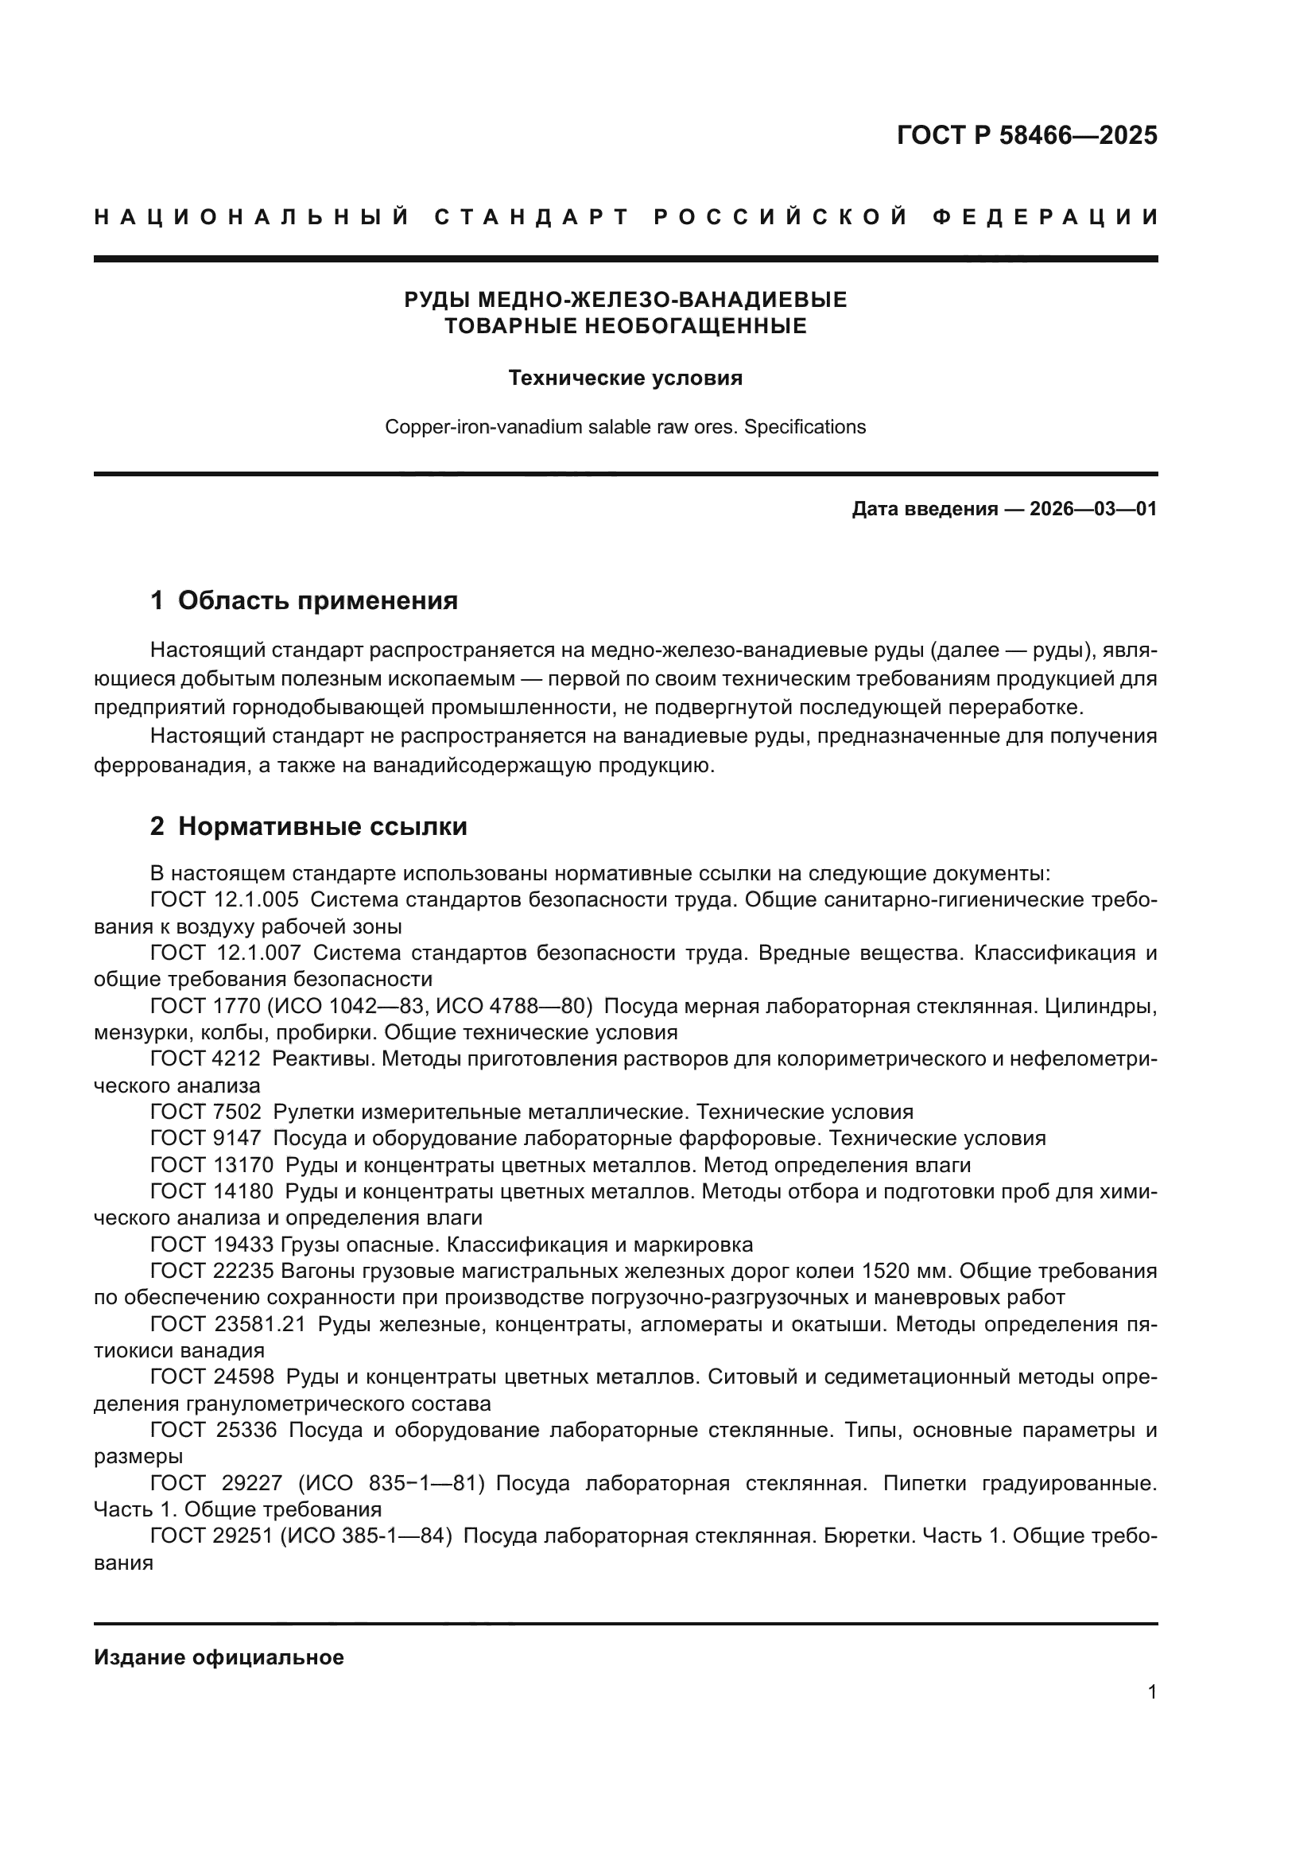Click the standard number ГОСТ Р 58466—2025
click(1026, 135)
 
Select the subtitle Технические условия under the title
click(625, 379)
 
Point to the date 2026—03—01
click(1093, 510)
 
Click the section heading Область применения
click(317, 600)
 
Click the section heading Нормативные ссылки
click(322, 826)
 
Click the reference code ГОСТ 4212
click(206, 1058)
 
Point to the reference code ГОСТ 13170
click(212, 1165)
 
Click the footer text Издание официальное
click(219, 1657)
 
